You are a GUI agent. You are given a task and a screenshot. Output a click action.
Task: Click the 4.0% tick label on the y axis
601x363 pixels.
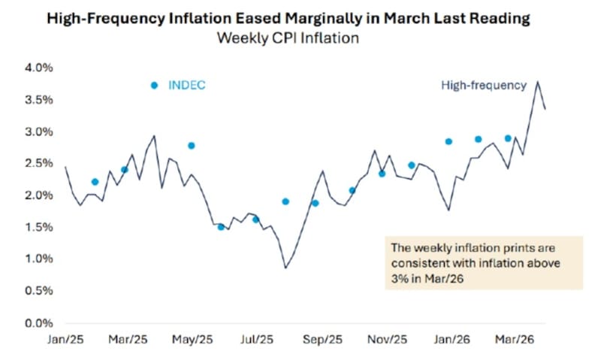pyautogui.click(x=40, y=68)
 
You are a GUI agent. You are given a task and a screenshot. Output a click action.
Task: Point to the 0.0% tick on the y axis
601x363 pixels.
pyautogui.click(x=40, y=323)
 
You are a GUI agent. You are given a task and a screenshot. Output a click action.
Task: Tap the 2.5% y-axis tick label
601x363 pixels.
pyautogui.click(x=40, y=163)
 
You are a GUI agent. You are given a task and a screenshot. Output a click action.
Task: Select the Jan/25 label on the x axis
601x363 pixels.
pyautogui.click(x=66, y=340)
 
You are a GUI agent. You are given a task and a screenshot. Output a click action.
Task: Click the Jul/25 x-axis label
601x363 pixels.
pyautogui.click(x=254, y=340)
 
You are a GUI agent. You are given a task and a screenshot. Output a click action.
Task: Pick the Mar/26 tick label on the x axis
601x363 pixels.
pyautogui.click(x=507, y=340)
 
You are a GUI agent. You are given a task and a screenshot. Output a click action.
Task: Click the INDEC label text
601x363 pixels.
pyautogui.click(x=188, y=86)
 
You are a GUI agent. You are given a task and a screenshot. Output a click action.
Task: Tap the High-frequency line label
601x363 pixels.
pyautogui.click(x=484, y=86)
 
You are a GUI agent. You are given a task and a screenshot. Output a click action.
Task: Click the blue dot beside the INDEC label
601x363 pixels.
pyautogui.click(x=155, y=86)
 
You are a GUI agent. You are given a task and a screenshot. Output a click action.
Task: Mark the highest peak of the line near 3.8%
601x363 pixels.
pyautogui.click(x=538, y=81)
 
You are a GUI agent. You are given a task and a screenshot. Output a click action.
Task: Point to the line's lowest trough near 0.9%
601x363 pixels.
pyautogui.click(x=285, y=268)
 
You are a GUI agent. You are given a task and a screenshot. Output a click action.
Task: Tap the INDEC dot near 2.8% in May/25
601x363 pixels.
pyautogui.click(x=192, y=146)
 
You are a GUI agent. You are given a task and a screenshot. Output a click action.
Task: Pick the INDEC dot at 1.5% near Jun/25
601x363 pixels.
pyautogui.click(x=221, y=227)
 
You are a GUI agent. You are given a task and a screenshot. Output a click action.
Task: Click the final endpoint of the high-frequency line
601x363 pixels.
pyautogui.click(x=545, y=109)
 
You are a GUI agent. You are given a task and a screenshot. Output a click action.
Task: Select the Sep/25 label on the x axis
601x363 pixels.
pyautogui.click(x=318, y=340)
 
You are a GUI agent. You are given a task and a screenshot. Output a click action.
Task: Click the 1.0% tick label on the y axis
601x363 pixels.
pyautogui.click(x=40, y=259)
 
